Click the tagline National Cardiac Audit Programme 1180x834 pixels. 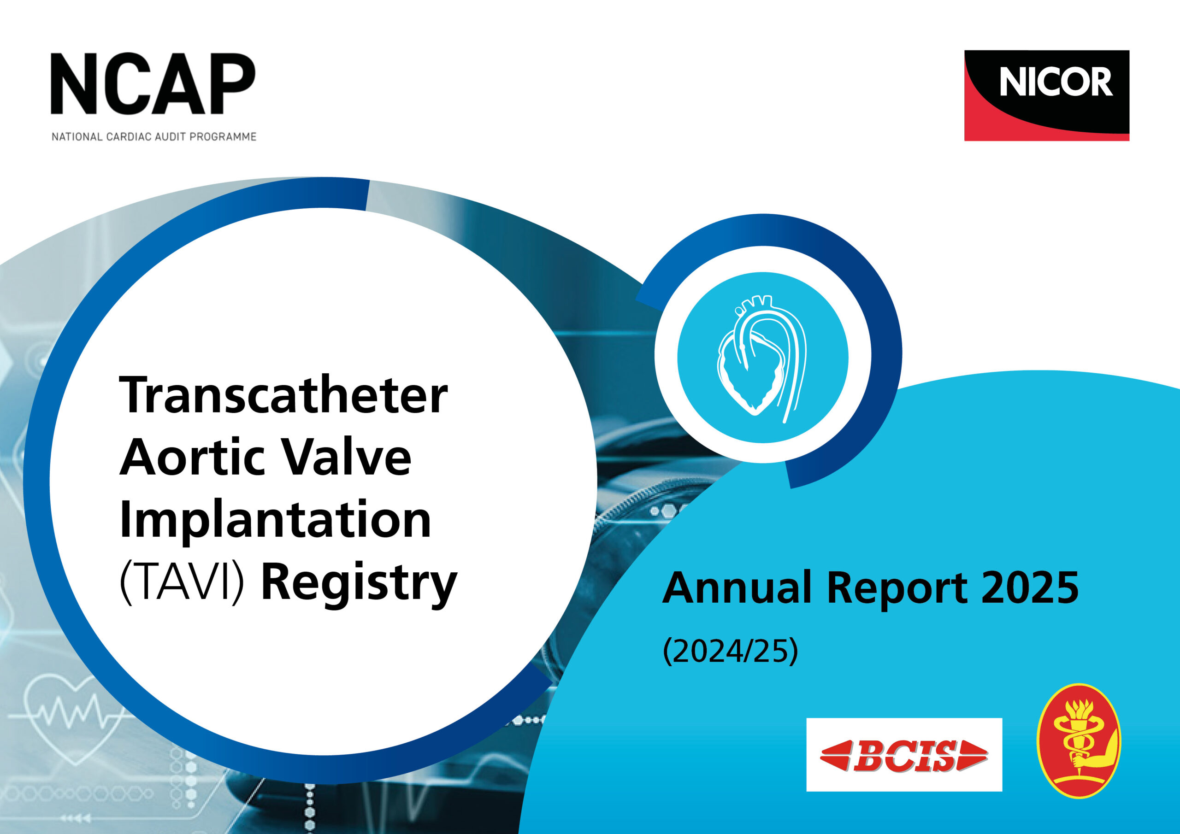point(153,137)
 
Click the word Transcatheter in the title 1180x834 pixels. point(283,396)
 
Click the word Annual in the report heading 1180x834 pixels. point(736,587)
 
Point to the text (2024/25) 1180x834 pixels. point(730,651)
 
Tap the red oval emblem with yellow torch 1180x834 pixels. point(1078,740)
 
